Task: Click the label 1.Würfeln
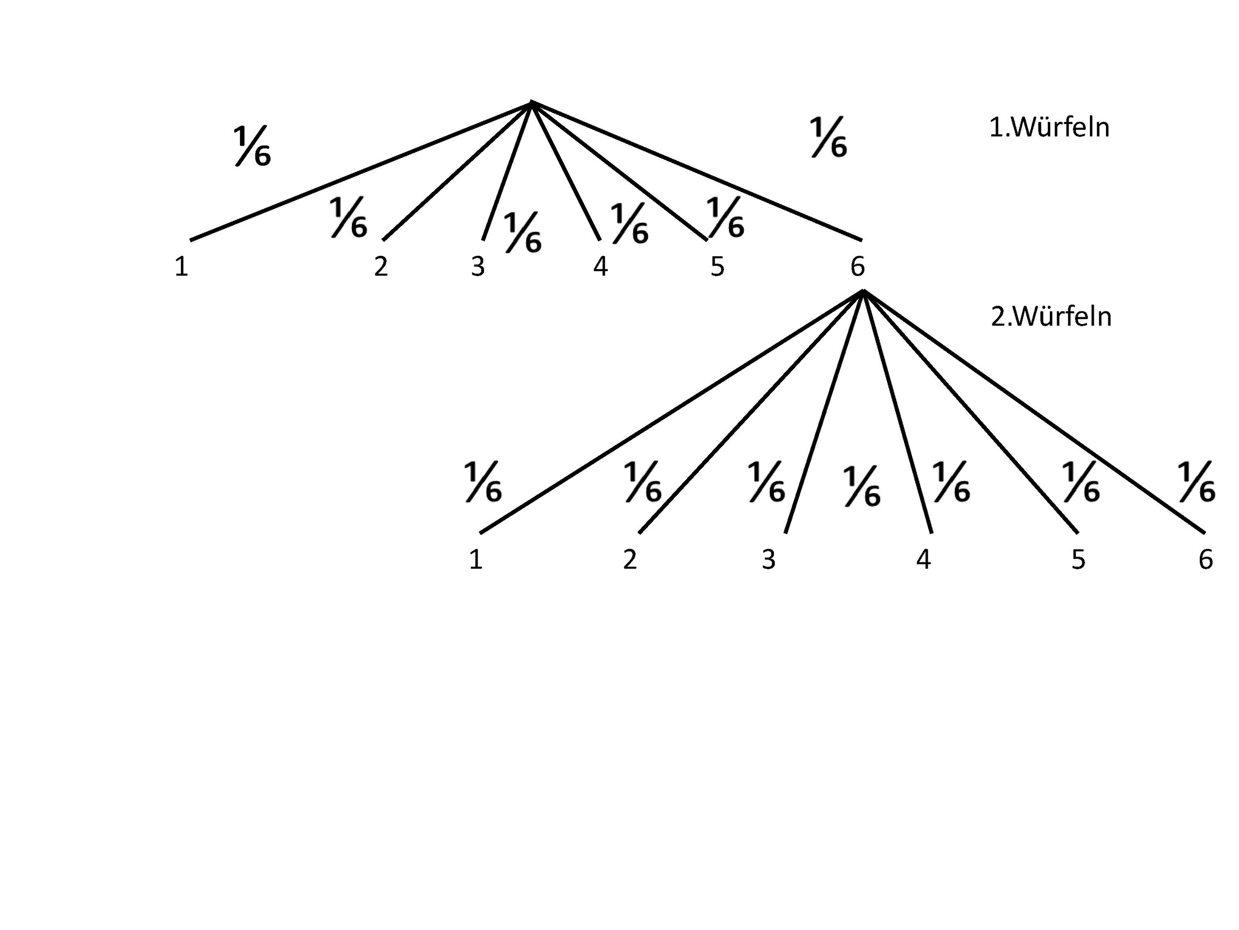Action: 1049,128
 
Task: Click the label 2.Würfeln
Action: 1051,317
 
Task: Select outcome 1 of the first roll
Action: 181,267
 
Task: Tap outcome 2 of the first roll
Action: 381,267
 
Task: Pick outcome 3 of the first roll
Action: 477,267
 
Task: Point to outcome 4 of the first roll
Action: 601,267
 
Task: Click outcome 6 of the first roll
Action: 858,267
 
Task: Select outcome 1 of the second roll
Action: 476,559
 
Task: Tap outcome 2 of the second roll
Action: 630,559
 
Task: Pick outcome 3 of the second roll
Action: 769,559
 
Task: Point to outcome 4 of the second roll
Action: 923,559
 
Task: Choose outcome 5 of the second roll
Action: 1078,559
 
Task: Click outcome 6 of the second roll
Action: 1206,559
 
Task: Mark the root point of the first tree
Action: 531,103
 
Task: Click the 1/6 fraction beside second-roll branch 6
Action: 1197,482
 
